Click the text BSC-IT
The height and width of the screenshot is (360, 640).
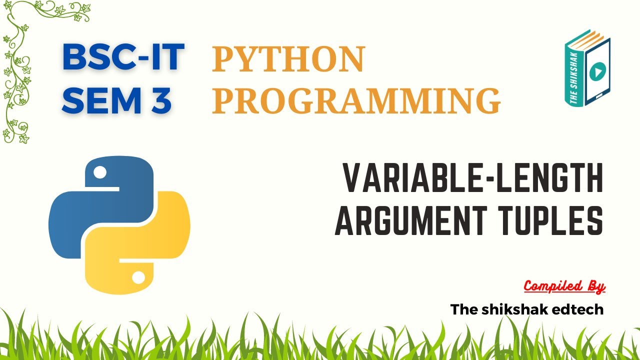123,57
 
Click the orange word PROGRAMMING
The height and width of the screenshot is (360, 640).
356,100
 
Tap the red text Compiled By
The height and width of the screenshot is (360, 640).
564,286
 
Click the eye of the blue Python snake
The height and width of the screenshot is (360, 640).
100,173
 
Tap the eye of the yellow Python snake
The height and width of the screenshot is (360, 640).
138,276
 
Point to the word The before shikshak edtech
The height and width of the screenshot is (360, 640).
462,309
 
